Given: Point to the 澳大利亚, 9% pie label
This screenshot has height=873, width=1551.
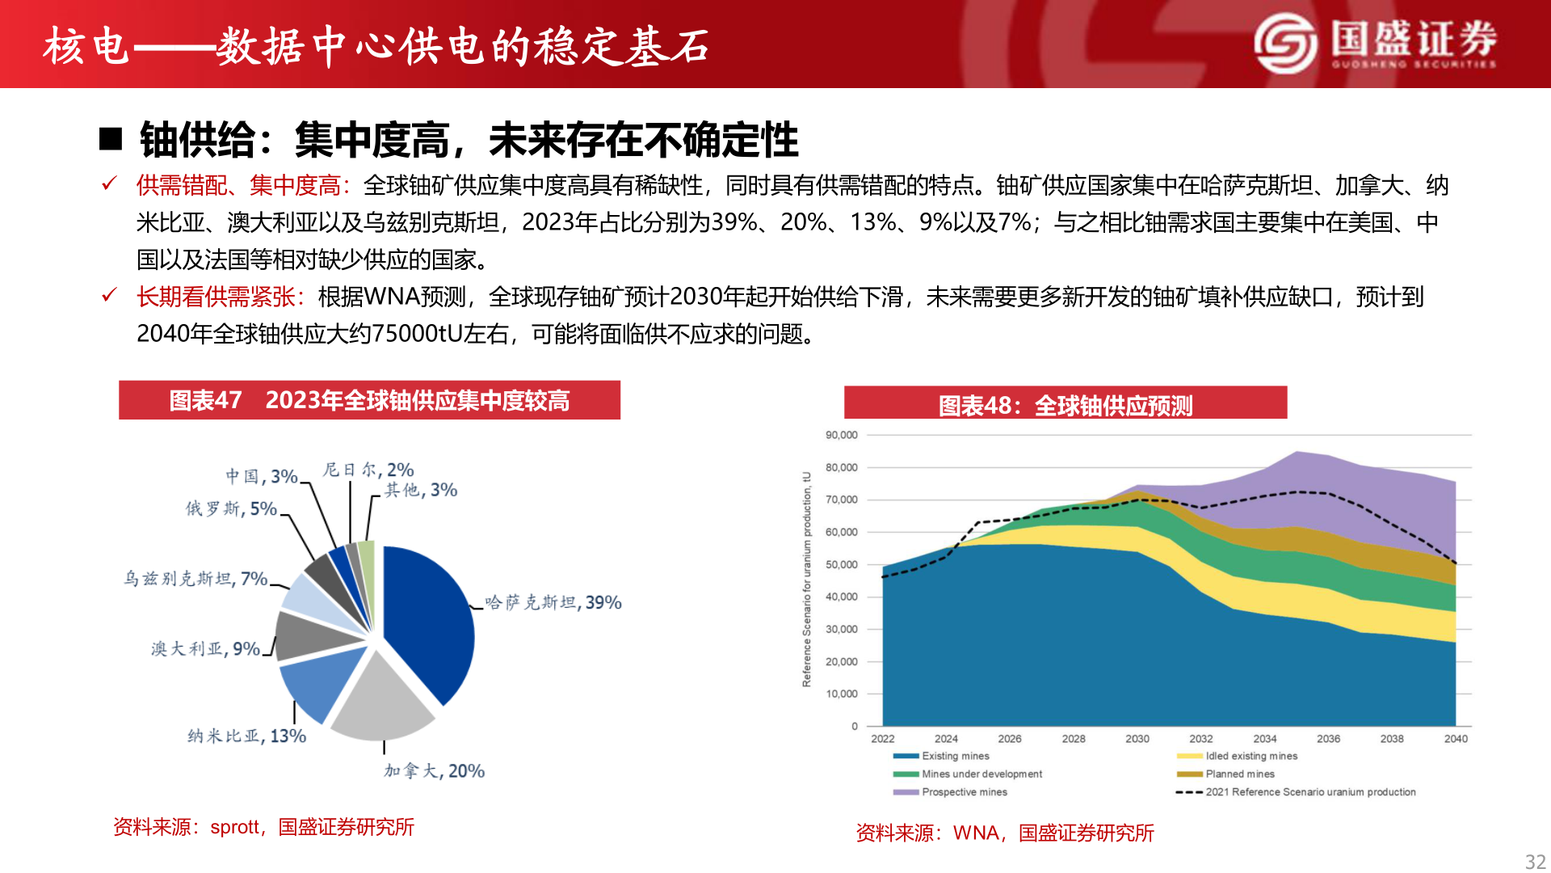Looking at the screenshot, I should [x=205, y=649].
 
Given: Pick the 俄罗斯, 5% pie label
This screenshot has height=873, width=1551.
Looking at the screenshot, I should [x=231, y=508].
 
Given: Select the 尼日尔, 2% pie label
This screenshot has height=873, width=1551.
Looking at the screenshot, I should [x=368, y=470].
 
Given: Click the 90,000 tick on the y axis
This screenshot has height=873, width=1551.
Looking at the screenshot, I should [x=841, y=435].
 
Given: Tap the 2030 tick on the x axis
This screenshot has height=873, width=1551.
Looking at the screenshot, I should [x=1137, y=739].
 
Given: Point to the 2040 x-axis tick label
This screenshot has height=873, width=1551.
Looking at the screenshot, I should [x=1455, y=739].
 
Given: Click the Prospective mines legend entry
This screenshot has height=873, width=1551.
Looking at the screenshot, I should [x=964, y=792].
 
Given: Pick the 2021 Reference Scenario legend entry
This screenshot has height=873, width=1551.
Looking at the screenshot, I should [x=1309, y=792].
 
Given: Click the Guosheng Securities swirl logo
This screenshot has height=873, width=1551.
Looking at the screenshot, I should [x=1284, y=44].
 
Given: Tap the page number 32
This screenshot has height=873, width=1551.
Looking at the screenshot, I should [x=1535, y=862].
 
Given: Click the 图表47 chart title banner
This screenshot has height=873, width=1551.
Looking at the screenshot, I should [x=369, y=400].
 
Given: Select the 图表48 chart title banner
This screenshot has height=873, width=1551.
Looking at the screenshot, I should [x=1065, y=404].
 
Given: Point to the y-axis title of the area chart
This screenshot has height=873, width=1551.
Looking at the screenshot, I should [x=806, y=579].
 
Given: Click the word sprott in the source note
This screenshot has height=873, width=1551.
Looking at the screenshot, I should [x=234, y=827].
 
